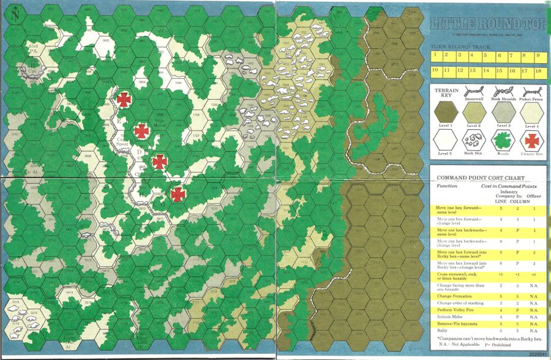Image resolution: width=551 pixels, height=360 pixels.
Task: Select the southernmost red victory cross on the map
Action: (178, 194)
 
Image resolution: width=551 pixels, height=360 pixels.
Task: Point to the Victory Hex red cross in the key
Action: (531, 141)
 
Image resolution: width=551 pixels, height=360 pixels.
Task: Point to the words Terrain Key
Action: (446, 94)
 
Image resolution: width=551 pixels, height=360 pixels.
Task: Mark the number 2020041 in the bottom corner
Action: (534, 354)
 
